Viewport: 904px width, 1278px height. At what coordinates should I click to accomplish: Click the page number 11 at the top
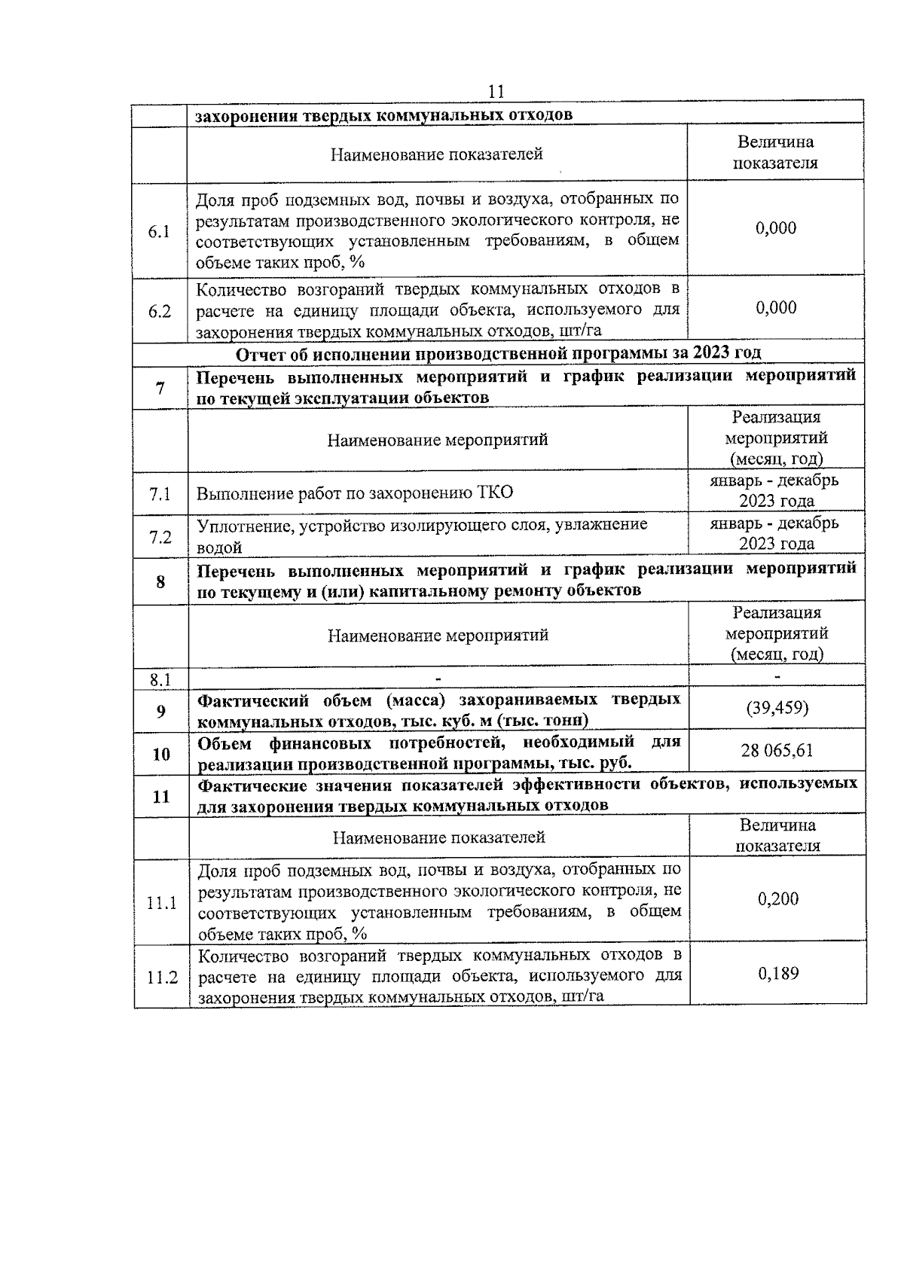[496, 92]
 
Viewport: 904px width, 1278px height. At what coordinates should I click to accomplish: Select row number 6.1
[159, 231]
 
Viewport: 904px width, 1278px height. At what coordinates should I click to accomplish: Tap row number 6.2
[159, 311]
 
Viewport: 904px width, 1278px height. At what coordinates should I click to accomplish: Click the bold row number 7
[160, 389]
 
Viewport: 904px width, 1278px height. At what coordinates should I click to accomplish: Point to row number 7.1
[160, 494]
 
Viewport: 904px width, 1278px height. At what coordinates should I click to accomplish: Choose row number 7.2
[160, 537]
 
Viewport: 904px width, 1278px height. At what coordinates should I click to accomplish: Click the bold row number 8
[160, 581]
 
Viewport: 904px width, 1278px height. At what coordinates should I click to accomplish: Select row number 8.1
[160, 680]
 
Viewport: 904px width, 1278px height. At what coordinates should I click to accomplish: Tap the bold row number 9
[160, 711]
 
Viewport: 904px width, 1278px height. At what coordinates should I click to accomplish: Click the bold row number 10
[160, 754]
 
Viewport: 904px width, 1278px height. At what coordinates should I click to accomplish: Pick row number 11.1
[161, 902]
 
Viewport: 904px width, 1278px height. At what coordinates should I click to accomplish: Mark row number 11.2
[161, 978]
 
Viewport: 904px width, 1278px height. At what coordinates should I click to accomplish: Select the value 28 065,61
[777, 751]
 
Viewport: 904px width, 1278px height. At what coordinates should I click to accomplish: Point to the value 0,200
[778, 898]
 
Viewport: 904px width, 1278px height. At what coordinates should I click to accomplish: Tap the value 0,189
[778, 973]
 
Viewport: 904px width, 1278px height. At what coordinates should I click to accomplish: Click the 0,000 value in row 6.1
[776, 228]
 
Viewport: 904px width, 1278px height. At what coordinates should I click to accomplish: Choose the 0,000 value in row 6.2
[776, 307]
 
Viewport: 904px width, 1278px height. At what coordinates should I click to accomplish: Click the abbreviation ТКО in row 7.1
[495, 493]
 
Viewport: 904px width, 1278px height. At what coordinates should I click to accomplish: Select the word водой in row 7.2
[219, 547]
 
